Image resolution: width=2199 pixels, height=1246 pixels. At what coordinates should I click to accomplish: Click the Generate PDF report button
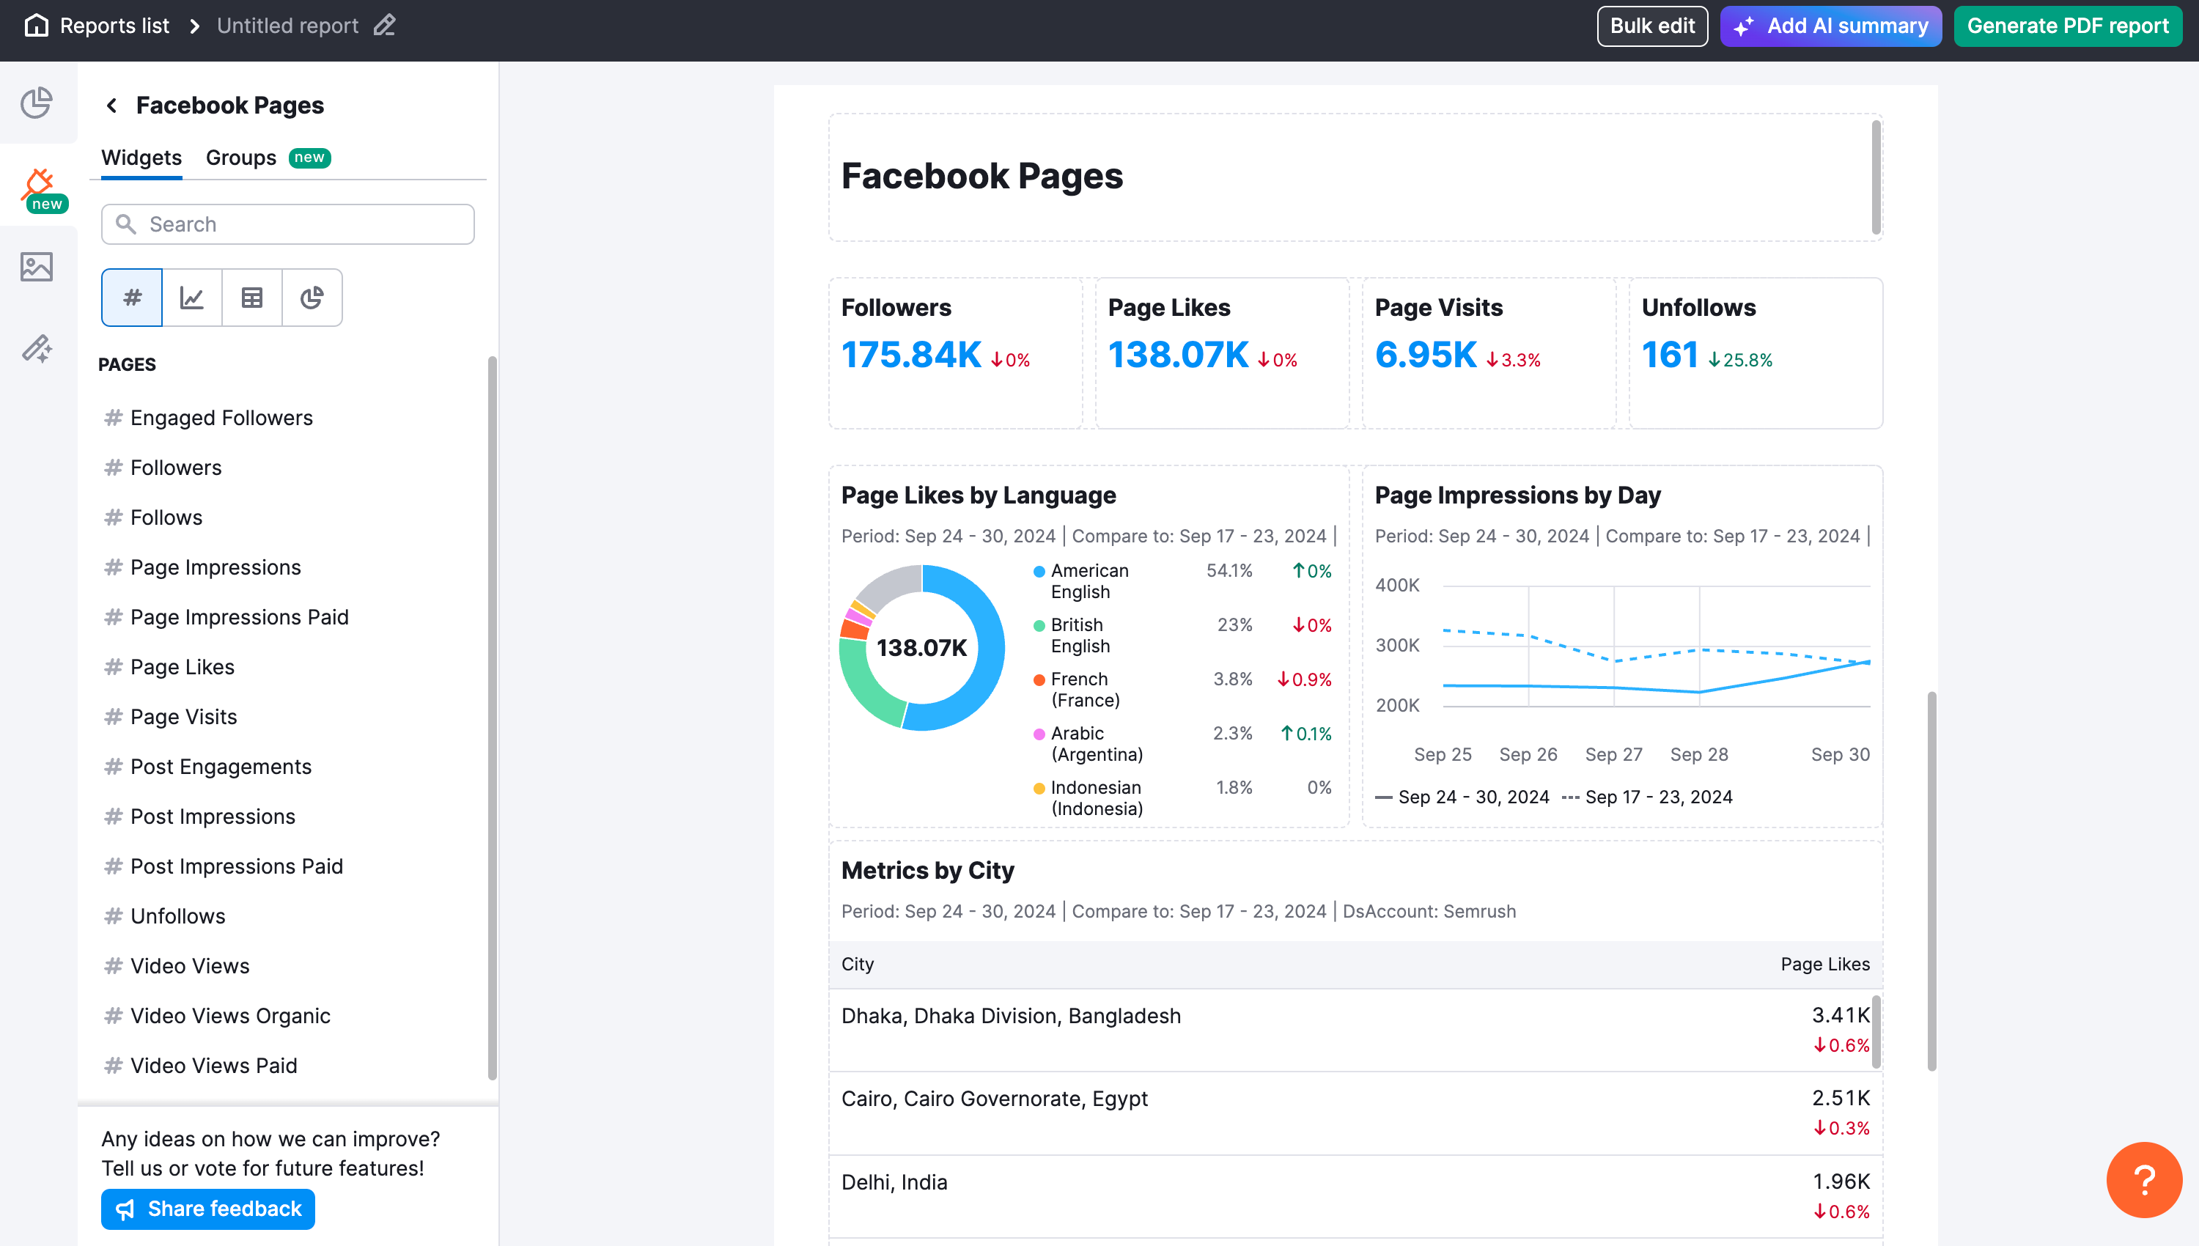2066,26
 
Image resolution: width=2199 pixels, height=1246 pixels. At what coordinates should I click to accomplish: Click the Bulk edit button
1651,26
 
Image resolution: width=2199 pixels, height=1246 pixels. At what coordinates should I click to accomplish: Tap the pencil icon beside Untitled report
384,26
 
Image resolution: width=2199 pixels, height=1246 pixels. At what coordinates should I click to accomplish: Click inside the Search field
300,224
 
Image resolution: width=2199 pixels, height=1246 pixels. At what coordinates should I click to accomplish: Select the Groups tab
241,158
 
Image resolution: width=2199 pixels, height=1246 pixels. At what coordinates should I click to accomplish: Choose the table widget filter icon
251,298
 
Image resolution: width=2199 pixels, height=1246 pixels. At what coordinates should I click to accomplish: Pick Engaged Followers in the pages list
221,418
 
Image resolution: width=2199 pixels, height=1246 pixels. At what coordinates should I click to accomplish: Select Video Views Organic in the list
229,1016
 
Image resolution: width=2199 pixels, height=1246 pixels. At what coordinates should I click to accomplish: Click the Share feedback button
208,1209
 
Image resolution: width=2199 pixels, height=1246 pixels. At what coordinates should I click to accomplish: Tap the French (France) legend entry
1084,689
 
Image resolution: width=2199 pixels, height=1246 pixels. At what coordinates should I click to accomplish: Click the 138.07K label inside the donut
921,648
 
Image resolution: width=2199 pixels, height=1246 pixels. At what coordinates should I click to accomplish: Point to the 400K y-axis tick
1396,586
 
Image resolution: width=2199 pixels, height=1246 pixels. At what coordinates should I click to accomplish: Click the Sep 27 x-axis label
1613,754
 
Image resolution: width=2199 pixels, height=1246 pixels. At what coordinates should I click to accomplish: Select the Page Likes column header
1824,964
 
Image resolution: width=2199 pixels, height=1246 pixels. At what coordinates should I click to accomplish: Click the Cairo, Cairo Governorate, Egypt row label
994,1098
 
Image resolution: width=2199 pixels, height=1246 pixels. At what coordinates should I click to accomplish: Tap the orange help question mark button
2143,1179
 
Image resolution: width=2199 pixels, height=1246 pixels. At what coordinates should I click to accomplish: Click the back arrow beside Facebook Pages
111,106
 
